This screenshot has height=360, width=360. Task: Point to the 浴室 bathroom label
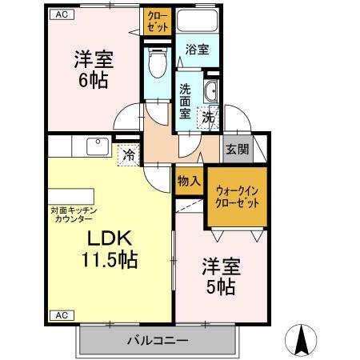coord(197,50)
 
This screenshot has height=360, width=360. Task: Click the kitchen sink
coord(98,147)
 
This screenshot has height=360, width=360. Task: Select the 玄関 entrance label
coord(236,150)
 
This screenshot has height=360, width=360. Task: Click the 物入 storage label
coord(189,182)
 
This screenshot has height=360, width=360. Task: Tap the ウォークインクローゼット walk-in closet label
coord(238,197)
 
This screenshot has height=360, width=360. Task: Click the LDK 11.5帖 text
coord(110,249)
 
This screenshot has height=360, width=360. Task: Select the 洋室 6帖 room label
coord(94,70)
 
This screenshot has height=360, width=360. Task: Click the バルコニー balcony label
coord(158,341)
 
